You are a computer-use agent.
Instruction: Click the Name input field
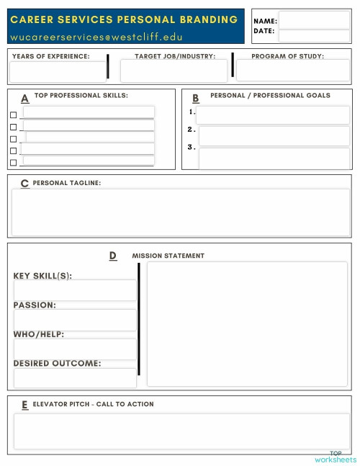click(313, 20)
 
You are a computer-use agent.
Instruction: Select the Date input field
click(313, 35)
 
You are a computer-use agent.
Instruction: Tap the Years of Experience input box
click(57, 71)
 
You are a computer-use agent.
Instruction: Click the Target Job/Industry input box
click(174, 71)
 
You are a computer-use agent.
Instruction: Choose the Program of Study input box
click(292, 71)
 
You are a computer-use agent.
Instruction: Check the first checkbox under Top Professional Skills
click(13, 115)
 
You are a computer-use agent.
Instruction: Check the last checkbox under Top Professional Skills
click(13, 163)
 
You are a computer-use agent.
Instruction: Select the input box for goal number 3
click(273, 158)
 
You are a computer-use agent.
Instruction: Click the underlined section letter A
click(25, 99)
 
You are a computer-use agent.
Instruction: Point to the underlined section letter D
click(113, 256)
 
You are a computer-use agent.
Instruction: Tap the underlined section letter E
click(25, 405)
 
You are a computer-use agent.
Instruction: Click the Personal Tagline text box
click(180, 212)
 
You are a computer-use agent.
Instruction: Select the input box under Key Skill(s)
click(75, 290)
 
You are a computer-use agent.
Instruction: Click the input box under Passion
click(75, 320)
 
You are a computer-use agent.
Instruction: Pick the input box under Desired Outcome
click(75, 378)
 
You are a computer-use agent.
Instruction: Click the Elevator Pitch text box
click(180, 431)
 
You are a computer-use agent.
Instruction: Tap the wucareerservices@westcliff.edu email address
click(96, 37)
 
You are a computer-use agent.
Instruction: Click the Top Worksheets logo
click(336, 457)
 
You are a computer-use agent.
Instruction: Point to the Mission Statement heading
click(168, 256)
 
